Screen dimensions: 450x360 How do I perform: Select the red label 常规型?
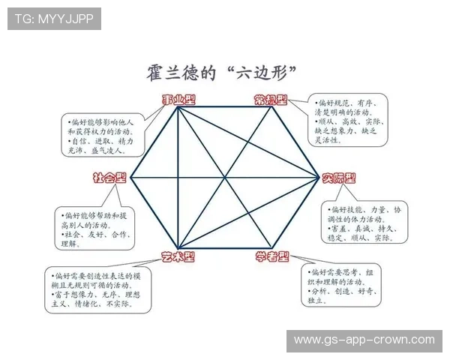pyautogui.click(x=271, y=100)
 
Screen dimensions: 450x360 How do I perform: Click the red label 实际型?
pyautogui.click(x=339, y=178)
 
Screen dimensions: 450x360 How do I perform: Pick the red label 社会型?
pyautogui.click(x=109, y=178)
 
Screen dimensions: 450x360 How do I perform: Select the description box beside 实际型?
pyautogui.click(x=365, y=223)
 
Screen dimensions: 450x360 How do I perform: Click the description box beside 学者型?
pyautogui.click(x=347, y=285)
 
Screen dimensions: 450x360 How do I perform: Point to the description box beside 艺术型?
pyautogui.click(x=97, y=290)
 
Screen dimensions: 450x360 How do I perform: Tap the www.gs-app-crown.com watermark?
pyautogui.click(x=364, y=340)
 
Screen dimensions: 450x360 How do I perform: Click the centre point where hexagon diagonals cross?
pyautogui.click(x=224, y=178)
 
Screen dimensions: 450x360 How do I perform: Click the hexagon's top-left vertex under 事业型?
pyautogui.click(x=178, y=107)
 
